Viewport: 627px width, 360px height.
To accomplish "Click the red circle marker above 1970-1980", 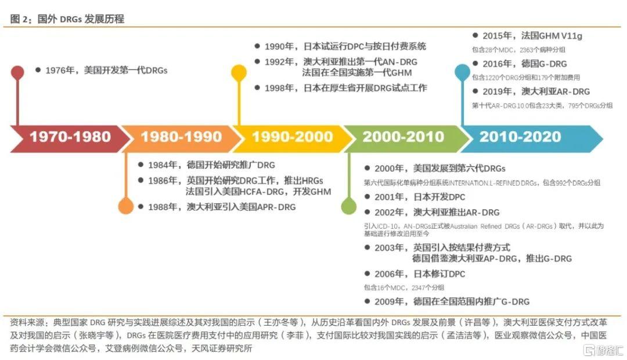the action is tap(17, 73).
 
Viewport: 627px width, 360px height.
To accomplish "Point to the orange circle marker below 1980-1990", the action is tap(125, 206).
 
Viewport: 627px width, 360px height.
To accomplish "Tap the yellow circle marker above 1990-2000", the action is tap(239, 73).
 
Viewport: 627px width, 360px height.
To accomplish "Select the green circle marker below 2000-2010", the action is tap(349, 206).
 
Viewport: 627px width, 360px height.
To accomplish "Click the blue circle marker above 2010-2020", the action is tap(462, 72).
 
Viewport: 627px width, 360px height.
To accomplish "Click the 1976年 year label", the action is tap(60, 70).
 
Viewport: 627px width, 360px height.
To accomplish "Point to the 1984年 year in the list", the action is tap(163, 165).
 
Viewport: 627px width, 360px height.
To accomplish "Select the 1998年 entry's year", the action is tap(279, 88).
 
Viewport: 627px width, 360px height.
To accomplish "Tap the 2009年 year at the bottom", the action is tap(389, 301).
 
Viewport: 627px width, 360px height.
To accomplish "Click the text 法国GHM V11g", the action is tap(552, 35).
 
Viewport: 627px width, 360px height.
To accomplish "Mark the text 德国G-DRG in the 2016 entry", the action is tap(544, 64).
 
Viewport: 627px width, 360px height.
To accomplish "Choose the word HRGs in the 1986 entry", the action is tap(313, 181).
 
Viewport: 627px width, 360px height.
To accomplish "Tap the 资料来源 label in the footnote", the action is tap(27, 322).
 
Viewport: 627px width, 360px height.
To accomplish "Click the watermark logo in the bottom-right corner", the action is tap(603, 350).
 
